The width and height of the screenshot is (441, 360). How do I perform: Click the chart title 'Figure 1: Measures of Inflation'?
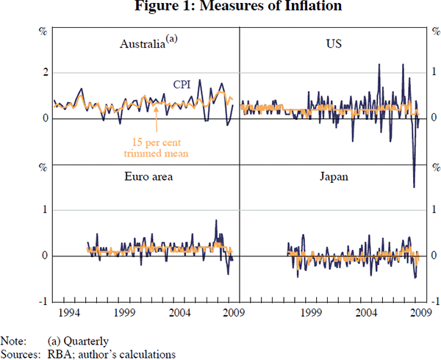click(220, 8)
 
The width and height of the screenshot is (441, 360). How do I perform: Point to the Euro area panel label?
click(143, 177)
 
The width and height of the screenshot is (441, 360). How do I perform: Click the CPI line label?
click(183, 84)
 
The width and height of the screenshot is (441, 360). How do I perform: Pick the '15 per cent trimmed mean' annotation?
click(157, 147)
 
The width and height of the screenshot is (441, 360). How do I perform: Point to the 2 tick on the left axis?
click(45, 72)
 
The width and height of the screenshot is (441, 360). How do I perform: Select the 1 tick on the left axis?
click(45, 210)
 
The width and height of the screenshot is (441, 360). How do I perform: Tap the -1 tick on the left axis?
click(43, 301)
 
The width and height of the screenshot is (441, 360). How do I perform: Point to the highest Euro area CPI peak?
click(216, 220)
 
